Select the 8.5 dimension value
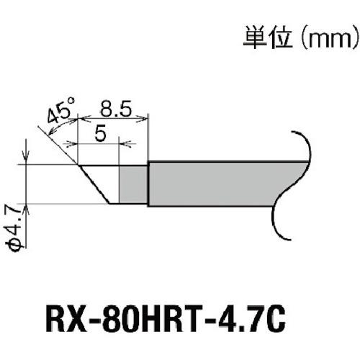click(116, 109)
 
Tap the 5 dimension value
click(101, 133)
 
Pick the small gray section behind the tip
click(133, 184)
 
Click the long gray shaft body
click(216, 184)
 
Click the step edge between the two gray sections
click(148, 184)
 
